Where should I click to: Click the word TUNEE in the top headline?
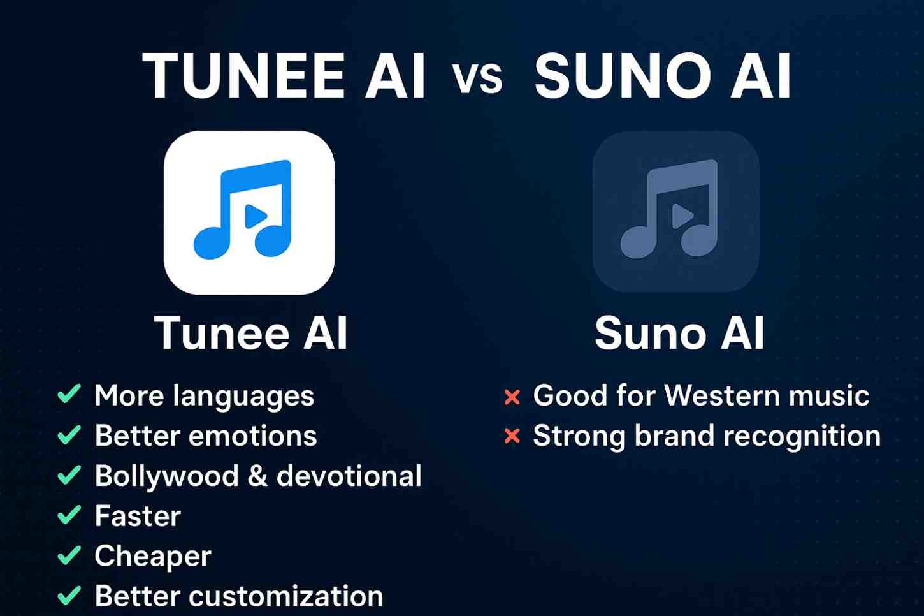tap(244, 77)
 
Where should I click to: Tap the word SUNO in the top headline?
tap(622, 77)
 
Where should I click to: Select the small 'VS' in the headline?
tap(478, 79)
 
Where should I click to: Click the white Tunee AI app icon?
tap(249, 212)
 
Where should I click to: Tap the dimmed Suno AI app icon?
tap(675, 212)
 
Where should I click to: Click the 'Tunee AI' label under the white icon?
tap(251, 333)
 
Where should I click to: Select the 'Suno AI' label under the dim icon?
tap(679, 333)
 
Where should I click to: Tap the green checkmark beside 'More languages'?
tap(69, 394)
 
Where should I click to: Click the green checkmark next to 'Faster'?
tap(69, 515)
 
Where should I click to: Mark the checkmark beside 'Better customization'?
tap(69, 596)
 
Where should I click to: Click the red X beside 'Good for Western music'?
tap(512, 397)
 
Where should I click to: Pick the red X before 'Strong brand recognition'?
tap(512, 437)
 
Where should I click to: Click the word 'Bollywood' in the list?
tap(166, 476)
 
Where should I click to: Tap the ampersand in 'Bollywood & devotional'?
tap(257, 476)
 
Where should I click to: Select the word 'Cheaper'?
tap(153, 556)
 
